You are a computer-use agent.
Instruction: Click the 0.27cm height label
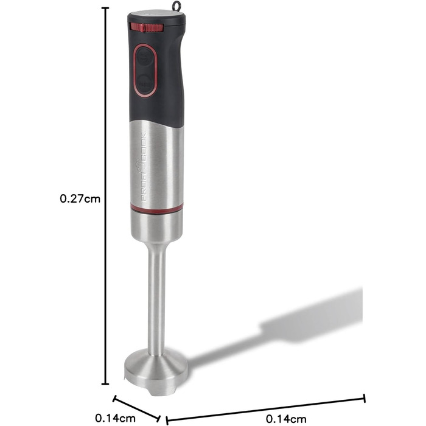[x=80, y=199]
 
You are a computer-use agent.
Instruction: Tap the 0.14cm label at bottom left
[x=116, y=418]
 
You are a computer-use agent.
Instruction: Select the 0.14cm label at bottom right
[x=286, y=419]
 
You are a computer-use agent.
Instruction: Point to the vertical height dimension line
[x=105, y=196]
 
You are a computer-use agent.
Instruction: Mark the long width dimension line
[x=266, y=410]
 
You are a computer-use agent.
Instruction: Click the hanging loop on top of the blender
[x=176, y=5]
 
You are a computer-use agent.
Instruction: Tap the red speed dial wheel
[x=147, y=28]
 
